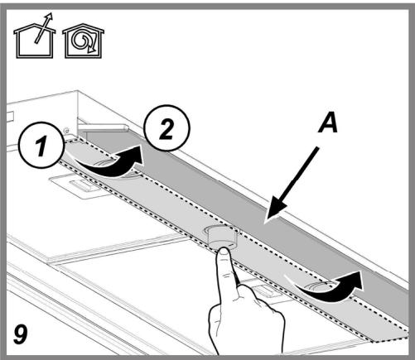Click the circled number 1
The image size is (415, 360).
click(41, 145)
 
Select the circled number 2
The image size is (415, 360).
click(167, 128)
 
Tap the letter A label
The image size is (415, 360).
click(328, 122)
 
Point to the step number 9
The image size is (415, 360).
click(21, 334)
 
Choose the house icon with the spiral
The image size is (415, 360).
click(84, 41)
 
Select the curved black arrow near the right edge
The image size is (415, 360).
click(329, 290)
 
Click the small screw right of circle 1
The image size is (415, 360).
click(66, 130)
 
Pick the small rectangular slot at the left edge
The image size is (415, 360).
click(10, 117)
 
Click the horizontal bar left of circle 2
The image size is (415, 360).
click(104, 127)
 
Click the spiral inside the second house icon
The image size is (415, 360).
click(82, 41)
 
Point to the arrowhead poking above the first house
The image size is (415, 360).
click(49, 16)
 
